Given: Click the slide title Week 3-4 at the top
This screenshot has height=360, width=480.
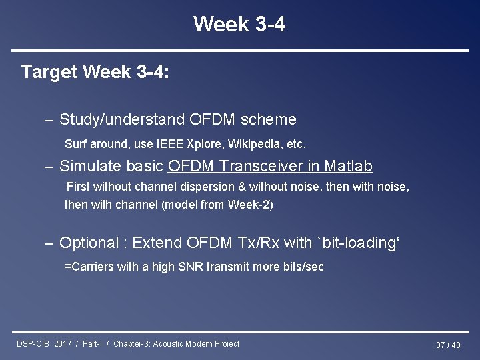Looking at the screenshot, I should pyautogui.click(x=239, y=24).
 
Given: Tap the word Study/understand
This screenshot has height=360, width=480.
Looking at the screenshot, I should pyautogui.click(x=123, y=119).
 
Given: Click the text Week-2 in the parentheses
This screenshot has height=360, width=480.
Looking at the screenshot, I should pyautogui.click(x=249, y=205).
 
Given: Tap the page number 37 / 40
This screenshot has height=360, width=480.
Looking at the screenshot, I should pyautogui.click(x=447, y=345).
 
